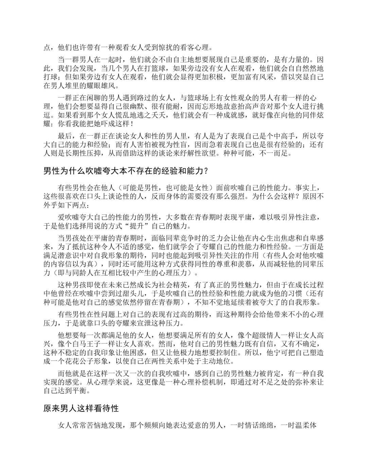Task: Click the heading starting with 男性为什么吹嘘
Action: (x=125, y=171)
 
